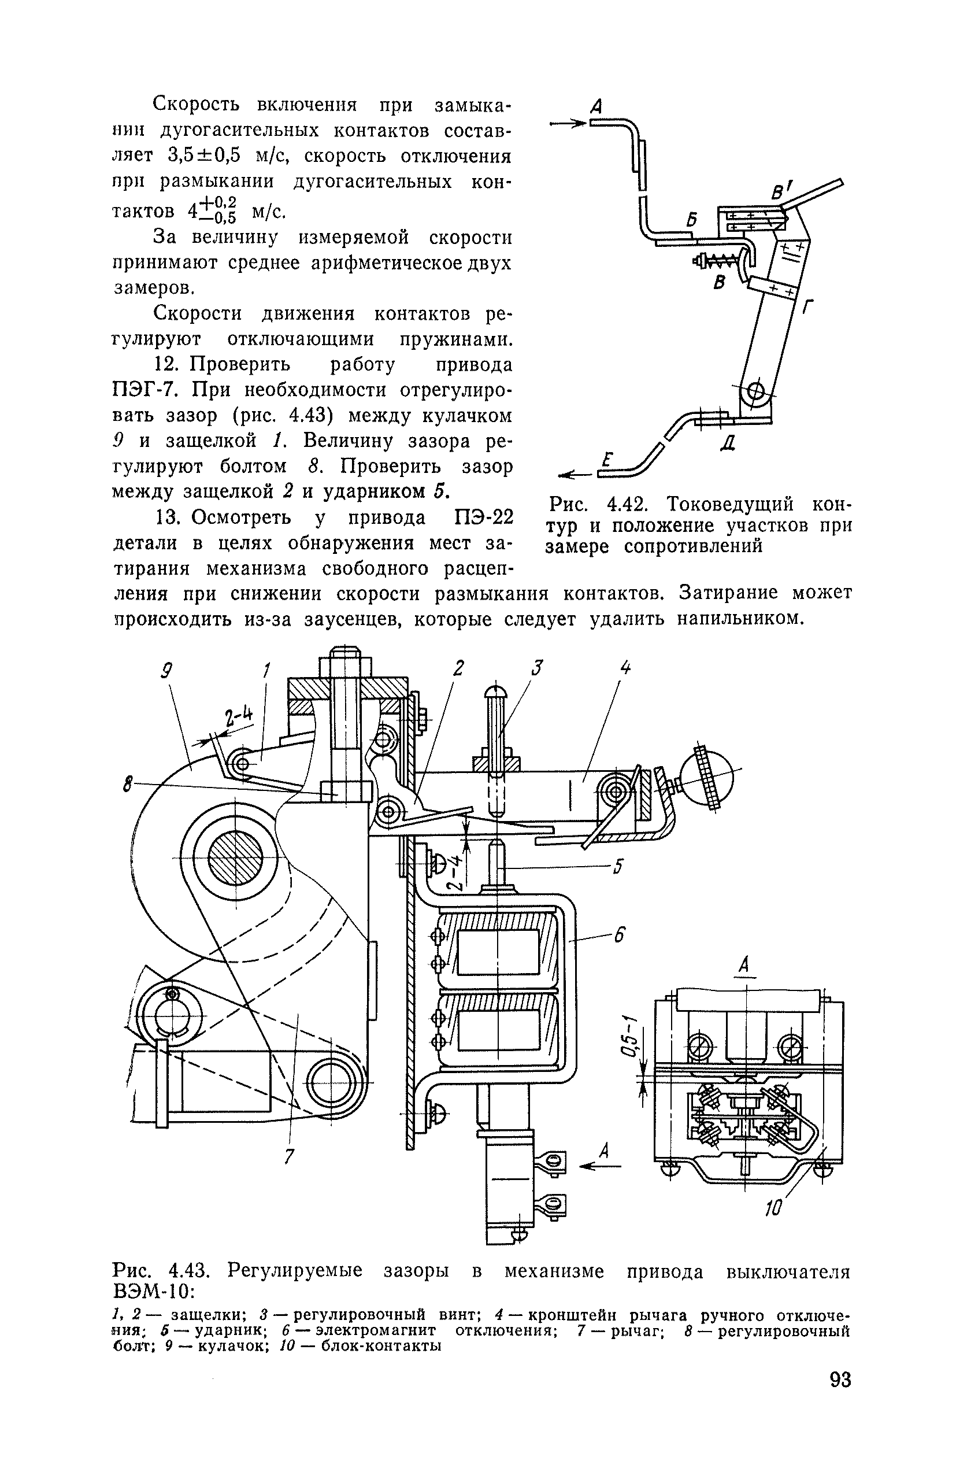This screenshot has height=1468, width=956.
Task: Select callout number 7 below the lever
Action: click(287, 1155)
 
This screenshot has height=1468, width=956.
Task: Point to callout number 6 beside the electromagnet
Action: click(618, 935)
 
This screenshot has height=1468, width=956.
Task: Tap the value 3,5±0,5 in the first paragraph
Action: click(203, 156)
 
